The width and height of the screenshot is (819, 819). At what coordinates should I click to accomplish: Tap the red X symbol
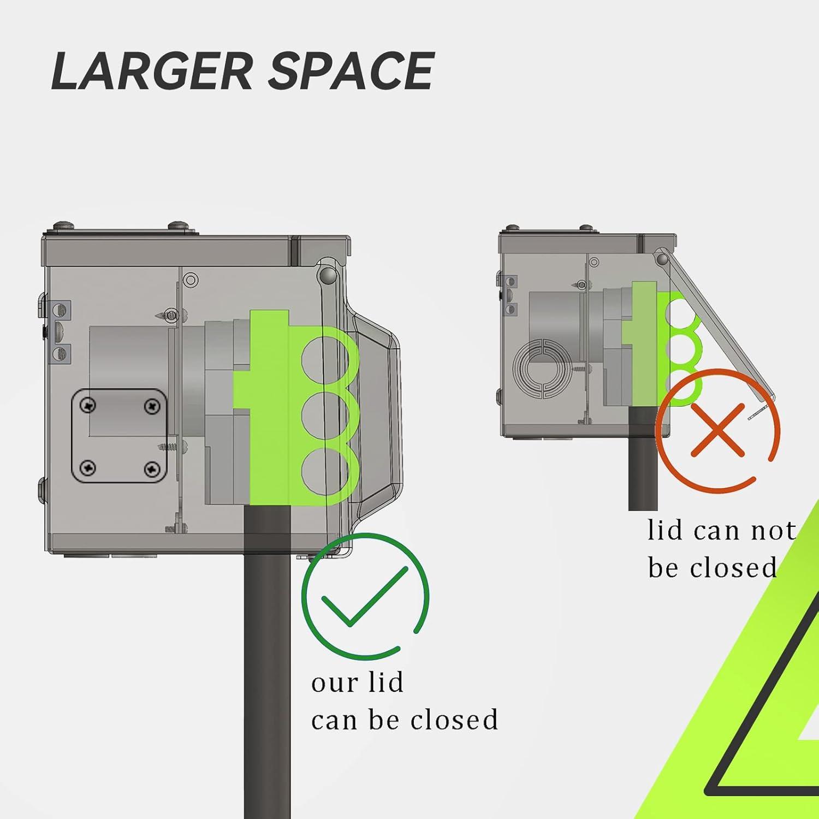pos(718,430)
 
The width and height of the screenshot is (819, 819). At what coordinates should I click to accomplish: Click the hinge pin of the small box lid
pos(662,258)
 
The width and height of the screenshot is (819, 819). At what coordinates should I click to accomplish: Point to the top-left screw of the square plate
pos(88,405)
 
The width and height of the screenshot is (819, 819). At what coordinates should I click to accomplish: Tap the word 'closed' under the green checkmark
pos(454,720)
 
